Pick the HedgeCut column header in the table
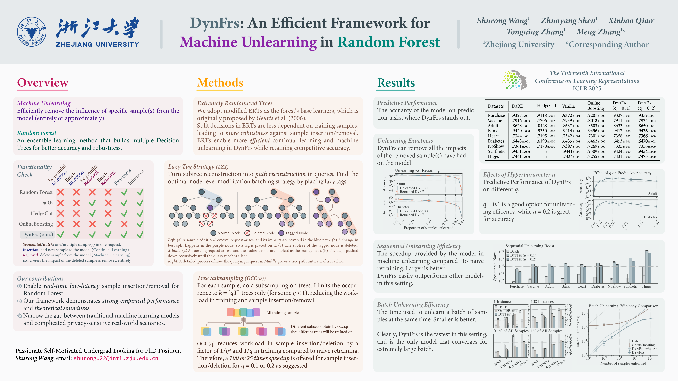pyautogui.click(x=546, y=106)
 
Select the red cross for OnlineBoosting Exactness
pyautogui.click(x=124, y=224)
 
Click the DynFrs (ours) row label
pyautogui.click(x=37, y=234)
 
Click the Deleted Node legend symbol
pyautogui.click(x=247, y=233)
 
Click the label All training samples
pyautogui.click(x=283, y=313)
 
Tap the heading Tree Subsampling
pyautogui.click(x=220, y=278)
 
